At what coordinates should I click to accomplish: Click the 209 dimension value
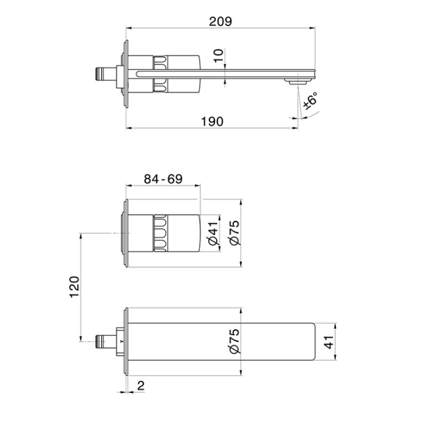point(221,22)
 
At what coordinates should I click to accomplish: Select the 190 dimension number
point(212,122)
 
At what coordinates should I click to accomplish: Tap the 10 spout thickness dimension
point(218,56)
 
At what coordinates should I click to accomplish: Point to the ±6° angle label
point(310,101)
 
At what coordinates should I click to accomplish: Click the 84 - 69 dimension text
point(163,179)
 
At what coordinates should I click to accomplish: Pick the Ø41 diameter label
point(213,233)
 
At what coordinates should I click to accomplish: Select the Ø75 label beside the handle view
point(235,233)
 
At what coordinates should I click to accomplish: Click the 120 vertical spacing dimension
point(75,287)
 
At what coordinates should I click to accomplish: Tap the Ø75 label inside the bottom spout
point(235,341)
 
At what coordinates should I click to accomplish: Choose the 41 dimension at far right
point(329,342)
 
